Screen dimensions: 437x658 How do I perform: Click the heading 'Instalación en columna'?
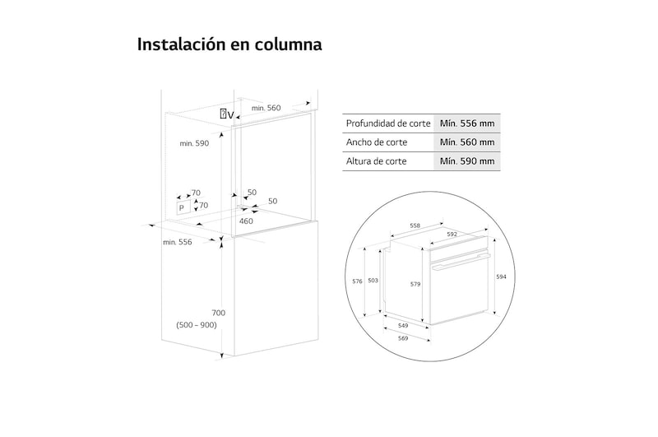coord(229,44)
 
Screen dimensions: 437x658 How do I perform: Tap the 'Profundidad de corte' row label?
coord(388,123)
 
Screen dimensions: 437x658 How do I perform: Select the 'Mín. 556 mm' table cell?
coord(466,123)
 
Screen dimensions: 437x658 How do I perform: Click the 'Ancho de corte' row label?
coord(377,142)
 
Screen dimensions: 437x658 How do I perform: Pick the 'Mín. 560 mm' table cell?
coord(466,142)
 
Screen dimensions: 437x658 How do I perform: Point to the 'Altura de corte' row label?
coord(377,161)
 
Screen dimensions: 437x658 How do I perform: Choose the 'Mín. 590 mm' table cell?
coord(466,161)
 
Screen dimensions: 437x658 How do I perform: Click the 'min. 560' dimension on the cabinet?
coord(266,108)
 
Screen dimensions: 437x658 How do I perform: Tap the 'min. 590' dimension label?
coord(195,143)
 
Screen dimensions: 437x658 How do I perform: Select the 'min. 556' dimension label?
coord(177,242)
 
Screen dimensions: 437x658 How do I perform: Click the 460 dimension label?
coord(246,221)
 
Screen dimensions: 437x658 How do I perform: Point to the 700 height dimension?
coord(218,313)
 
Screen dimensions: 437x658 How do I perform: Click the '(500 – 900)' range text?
coord(196,326)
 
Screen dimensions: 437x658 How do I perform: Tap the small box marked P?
coord(183,208)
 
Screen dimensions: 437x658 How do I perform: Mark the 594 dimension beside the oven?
coord(501,277)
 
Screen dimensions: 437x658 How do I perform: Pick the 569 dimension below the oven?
coord(403,338)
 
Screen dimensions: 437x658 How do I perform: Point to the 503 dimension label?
coord(373,281)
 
